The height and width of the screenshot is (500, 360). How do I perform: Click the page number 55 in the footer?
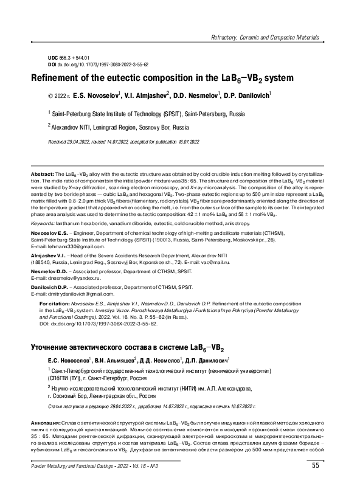315,483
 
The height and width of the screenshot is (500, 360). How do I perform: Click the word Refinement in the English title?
68,78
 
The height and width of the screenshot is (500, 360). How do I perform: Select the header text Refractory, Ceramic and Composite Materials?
265,38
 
